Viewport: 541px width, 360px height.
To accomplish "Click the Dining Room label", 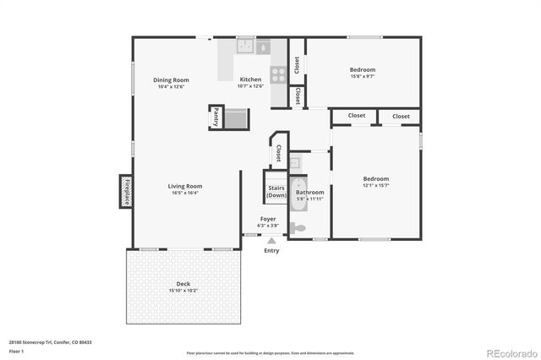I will click(171, 79).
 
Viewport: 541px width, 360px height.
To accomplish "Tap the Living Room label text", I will click(184, 186).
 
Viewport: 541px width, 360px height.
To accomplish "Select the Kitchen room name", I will click(251, 79).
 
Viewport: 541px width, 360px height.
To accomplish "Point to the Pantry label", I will click(216, 117).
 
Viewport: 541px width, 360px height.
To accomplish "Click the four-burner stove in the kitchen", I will click(277, 72).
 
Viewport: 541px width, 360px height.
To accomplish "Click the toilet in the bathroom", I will click(297, 227).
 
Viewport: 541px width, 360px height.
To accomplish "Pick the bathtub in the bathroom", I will click(298, 194).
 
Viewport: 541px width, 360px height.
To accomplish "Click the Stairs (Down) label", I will click(276, 192).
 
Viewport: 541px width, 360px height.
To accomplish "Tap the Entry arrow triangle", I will click(271, 241).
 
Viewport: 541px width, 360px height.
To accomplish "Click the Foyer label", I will click(268, 219).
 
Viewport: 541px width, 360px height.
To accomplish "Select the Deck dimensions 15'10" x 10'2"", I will click(183, 290).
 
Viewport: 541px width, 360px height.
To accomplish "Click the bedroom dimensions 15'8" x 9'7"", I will click(363, 76).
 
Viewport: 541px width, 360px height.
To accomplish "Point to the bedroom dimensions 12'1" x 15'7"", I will click(376, 186).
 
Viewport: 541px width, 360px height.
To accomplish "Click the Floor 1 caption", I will click(17, 351).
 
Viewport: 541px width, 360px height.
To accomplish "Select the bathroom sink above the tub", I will click(295, 163).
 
